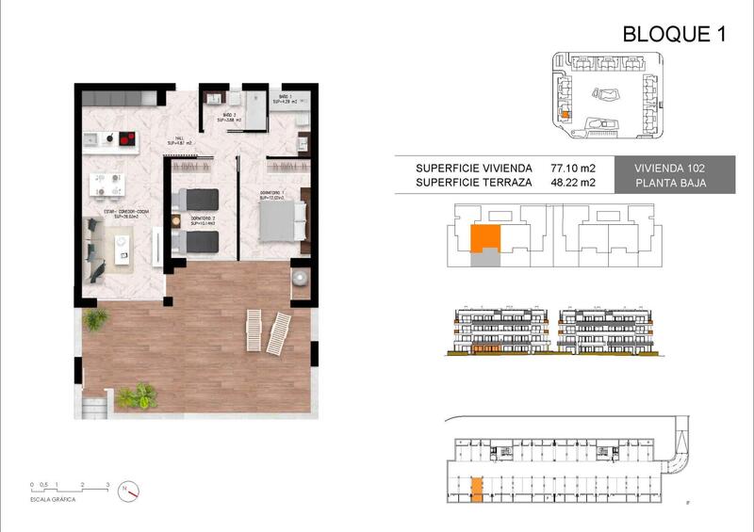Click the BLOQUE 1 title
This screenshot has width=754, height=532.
[674, 35]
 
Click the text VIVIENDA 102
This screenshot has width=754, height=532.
[670, 169]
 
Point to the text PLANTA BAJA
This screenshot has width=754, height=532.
[670, 184]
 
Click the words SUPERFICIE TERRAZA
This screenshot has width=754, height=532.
[474, 184]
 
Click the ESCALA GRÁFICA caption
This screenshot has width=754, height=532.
[54, 499]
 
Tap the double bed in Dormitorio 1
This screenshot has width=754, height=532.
[284, 220]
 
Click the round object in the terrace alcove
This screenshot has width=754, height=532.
[300, 278]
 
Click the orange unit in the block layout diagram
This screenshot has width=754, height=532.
[484, 239]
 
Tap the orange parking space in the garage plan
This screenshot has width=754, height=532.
[477, 489]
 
